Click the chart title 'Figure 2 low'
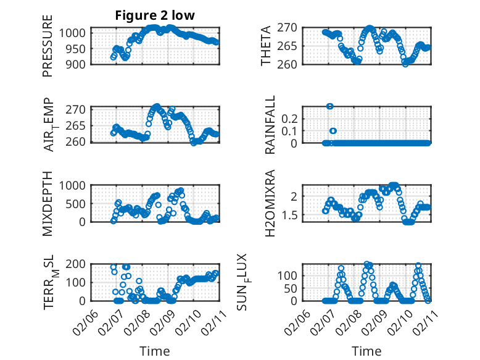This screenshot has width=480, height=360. (155, 16)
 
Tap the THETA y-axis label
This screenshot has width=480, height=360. (266, 45)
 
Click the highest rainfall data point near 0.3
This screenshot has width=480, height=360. (330, 106)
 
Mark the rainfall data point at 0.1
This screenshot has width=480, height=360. (333, 131)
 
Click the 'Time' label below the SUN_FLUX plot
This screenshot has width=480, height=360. (366, 351)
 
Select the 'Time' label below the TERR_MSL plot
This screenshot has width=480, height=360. (154, 351)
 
